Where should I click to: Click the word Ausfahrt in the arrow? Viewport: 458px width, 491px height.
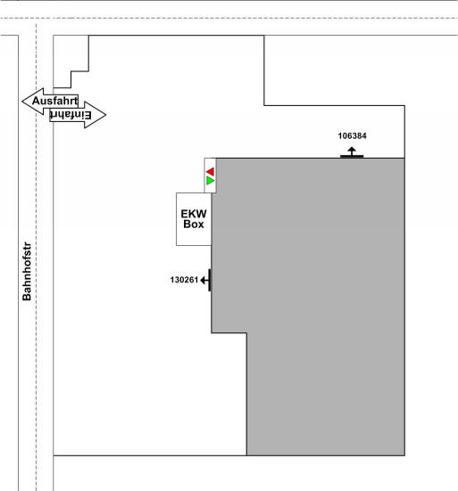click(54, 101)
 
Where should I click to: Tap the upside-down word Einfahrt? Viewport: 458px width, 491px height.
click(71, 115)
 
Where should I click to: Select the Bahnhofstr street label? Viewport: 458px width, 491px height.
click(27, 271)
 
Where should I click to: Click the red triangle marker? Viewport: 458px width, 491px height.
click(210, 172)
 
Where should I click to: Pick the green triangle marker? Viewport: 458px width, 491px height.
click(210, 181)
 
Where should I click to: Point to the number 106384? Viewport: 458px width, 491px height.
click(353, 136)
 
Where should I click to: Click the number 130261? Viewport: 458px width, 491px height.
click(184, 280)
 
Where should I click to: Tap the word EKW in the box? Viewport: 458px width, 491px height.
click(194, 214)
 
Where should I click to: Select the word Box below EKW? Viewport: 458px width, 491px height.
click(194, 225)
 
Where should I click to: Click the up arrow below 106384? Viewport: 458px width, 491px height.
click(352, 151)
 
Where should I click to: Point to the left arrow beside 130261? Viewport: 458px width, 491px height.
click(204, 280)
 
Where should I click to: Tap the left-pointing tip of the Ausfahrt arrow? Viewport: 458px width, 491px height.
click(22, 102)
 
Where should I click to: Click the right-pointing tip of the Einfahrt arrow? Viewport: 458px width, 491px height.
click(106, 115)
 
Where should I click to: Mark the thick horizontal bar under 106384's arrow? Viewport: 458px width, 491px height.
click(352, 156)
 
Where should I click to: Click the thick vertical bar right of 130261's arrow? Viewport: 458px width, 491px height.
click(210, 280)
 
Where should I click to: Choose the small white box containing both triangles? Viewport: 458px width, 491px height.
click(210, 176)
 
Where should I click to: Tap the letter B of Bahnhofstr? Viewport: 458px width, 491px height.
click(27, 297)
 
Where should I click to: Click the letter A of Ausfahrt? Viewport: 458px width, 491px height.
click(36, 101)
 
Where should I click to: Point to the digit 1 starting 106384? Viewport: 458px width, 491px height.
click(340, 136)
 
